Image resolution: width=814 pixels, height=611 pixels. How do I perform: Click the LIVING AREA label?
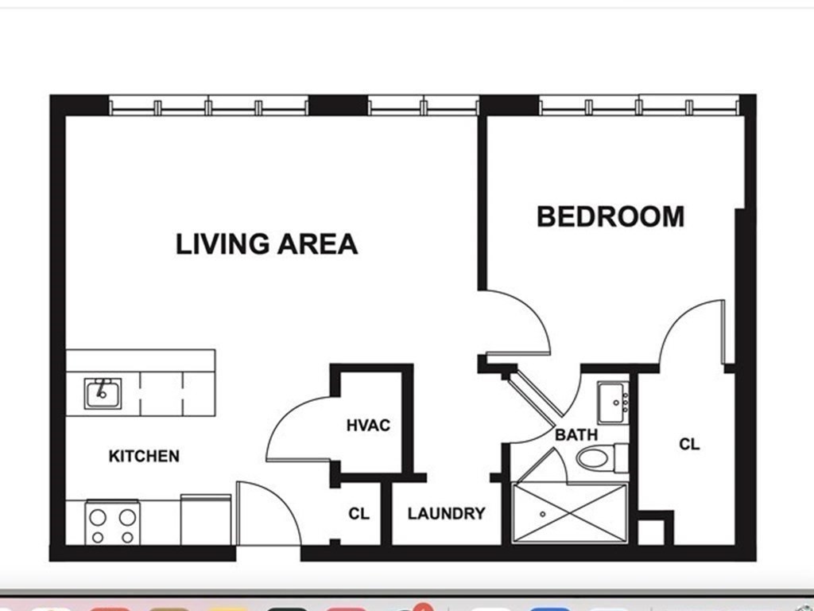click(x=267, y=243)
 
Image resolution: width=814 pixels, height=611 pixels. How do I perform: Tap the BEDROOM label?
click(x=610, y=216)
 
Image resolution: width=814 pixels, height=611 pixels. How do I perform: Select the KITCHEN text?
click(x=144, y=456)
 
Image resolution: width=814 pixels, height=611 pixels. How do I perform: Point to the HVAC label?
click(x=368, y=425)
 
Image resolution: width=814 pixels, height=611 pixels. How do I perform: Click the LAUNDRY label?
click(x=447, y=513)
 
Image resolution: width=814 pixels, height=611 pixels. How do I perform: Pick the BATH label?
click(x=576, y=434)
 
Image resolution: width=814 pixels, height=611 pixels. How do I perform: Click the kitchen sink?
click(x=103, y=393)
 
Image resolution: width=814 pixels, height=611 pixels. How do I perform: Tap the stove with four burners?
click(x=113, y=523)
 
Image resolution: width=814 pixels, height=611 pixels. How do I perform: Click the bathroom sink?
click(x=613, y=403)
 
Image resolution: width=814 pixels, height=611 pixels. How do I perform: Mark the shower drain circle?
click(x=542, y=515)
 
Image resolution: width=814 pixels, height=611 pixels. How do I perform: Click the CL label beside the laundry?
click(x=359, y=513)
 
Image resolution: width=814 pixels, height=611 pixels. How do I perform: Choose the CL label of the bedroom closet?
click(x=689, y=444)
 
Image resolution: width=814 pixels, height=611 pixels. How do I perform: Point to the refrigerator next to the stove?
click(x=206, y=520)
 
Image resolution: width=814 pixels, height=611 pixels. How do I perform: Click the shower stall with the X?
click(x=569, y=513)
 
